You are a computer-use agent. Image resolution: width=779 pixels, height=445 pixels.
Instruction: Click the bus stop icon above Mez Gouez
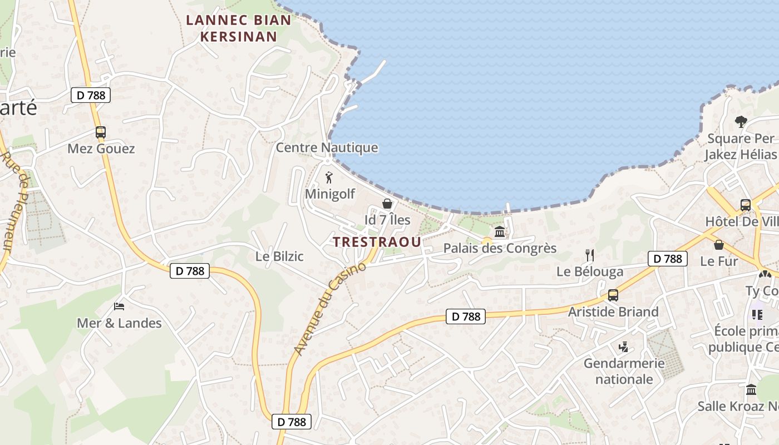(100, 132)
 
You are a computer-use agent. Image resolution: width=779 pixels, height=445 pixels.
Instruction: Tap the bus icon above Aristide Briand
(613, 295)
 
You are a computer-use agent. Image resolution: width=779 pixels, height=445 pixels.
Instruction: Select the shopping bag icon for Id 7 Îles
(387, 204)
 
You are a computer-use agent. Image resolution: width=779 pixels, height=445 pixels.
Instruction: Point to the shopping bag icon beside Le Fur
(719, 244)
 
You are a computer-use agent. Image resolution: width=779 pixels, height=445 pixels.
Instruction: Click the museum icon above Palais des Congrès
(500, 231)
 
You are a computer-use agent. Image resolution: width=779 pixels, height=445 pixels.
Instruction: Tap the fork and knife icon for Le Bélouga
(590, 255)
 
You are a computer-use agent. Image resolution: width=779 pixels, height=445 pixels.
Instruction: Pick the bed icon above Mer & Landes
(119, 306)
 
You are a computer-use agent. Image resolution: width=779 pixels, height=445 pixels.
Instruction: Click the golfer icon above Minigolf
(329, 177)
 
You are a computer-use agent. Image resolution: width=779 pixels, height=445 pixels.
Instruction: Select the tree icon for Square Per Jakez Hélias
(741, 121)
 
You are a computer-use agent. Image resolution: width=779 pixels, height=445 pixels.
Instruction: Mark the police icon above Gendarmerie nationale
(623, 347)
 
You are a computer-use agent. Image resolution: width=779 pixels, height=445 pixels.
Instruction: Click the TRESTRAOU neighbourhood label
(377, 243)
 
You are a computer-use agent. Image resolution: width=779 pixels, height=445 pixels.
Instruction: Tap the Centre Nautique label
(327, 147)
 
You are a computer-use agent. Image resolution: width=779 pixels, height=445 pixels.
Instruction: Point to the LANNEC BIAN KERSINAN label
(238, 28)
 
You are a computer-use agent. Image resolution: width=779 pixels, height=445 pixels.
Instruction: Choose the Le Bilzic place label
(279, 256)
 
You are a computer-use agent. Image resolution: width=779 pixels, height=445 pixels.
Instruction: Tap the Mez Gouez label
(101, 149)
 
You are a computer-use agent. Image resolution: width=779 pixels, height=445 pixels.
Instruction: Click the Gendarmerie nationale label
(624, 371)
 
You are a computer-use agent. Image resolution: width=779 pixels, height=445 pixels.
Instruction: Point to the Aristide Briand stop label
(613, 311)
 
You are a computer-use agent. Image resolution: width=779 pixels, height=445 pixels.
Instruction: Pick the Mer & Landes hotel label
(119, 323)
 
